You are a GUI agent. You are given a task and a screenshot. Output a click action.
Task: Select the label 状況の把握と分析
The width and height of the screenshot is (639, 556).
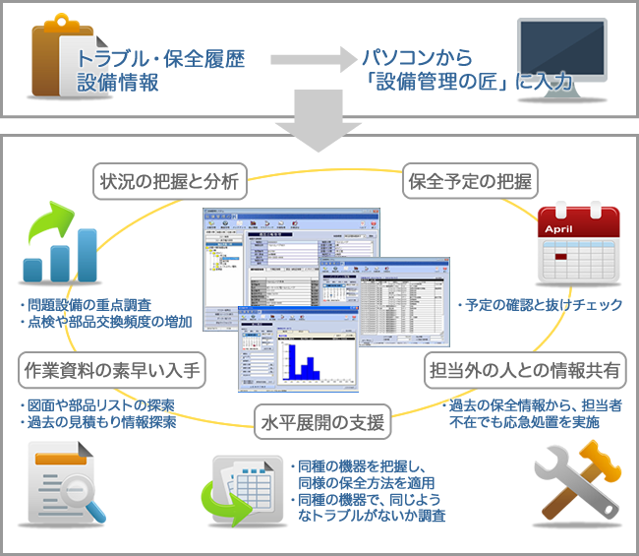[169, 181]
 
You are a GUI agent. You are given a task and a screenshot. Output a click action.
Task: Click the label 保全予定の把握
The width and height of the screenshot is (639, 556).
[469, 181]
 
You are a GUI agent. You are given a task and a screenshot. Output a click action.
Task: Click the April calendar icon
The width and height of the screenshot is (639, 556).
[578, 244]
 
